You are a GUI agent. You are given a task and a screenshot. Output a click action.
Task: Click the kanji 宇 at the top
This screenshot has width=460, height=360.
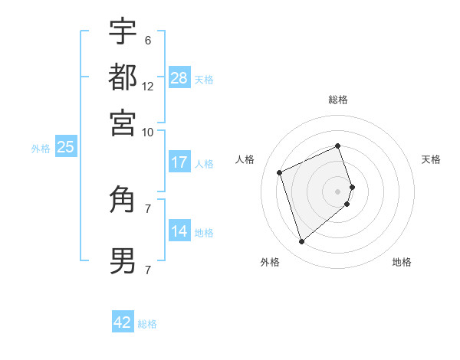[x=123, y=32]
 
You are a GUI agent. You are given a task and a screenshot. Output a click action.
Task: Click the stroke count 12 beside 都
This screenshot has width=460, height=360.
[x=148, y=87]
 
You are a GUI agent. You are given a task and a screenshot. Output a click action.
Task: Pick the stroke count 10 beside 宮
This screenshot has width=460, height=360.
[x=148, y=132]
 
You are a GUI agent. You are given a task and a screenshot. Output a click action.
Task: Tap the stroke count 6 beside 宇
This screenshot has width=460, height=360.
[x=147, y=41]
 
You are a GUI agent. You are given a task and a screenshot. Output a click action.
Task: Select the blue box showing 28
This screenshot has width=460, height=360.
[x=179, y=78]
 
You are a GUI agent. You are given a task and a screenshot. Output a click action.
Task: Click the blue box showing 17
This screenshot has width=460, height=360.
[x=179, y=162]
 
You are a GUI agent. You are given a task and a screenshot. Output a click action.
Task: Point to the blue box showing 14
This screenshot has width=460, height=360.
[x=179, y=231]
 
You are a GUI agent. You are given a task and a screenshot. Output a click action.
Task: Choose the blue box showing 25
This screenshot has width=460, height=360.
[x=65, y=147]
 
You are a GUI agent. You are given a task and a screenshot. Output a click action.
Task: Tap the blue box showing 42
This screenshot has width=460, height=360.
[x=123, y=322]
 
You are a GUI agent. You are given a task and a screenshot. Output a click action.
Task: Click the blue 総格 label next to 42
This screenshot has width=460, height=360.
[x=147, y=324]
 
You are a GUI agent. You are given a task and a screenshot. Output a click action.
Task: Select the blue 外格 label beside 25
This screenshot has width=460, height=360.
[x=41, y=149]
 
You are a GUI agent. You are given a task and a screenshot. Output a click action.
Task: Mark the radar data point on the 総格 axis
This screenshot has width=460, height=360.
[x=338, y=146]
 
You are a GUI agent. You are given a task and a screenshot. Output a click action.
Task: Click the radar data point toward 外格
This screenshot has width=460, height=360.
[x=301, y=242]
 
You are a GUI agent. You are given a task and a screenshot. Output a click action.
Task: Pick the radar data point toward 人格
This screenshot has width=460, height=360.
[x=281, y=172]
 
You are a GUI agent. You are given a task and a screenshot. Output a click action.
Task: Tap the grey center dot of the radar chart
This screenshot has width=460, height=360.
[x=338, y=190]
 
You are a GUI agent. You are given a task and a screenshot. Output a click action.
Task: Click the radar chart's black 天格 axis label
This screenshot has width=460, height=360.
[x=432, y=159]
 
